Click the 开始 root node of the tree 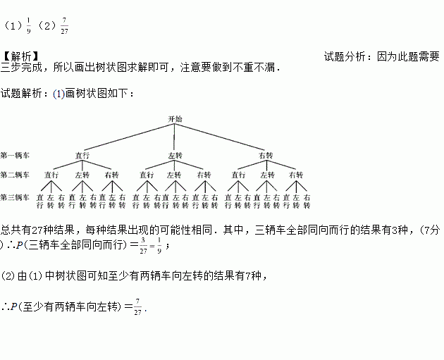coord(175,120)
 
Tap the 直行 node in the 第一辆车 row coord(82,155)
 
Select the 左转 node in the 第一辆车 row coord(175,155)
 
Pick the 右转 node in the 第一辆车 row coord(266,155)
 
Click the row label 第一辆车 coord(16,155)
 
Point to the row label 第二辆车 coord(16,174)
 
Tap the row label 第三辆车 coord(16,197)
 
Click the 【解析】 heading coord(20,56)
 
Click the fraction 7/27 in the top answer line coord(65,27)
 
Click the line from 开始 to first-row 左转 coord(175,137)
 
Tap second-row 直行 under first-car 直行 coord(51,174)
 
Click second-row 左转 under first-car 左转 coord(174,174)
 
